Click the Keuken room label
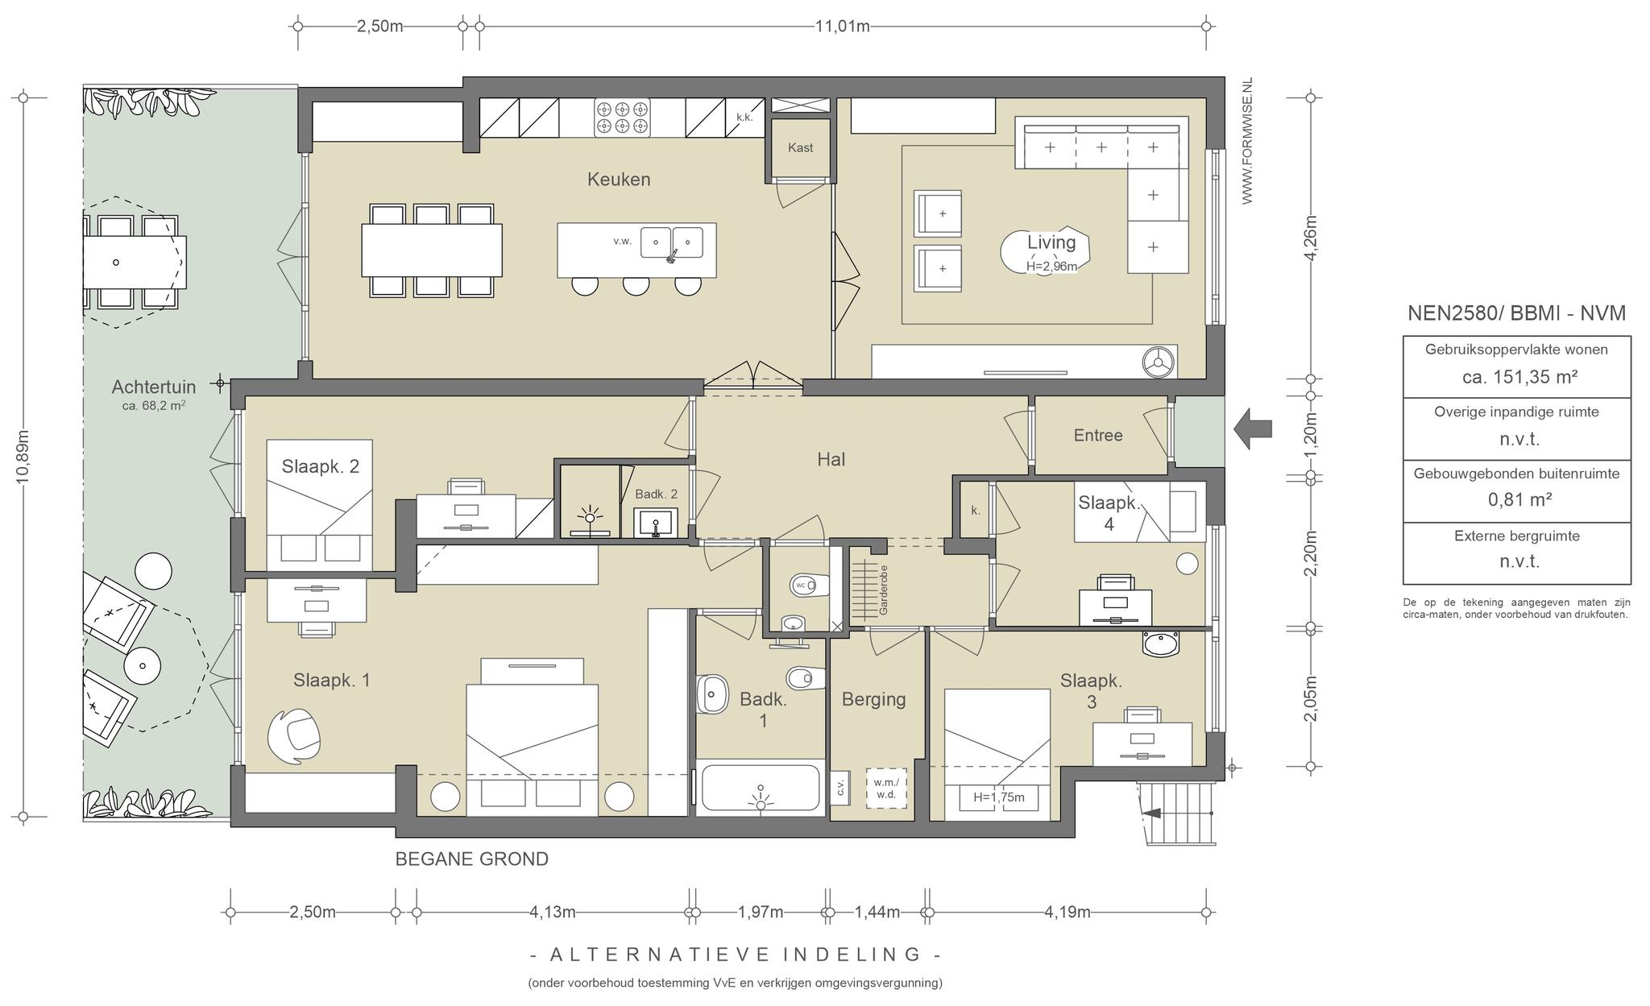coord(619,179)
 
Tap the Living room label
coord(1051,242)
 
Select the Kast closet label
coord(800,147)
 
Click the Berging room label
coord(874,699)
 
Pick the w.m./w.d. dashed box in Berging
coord(886,788)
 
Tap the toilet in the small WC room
coord(810,585)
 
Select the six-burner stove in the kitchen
coord(622,118)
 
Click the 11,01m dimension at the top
coord(843,26)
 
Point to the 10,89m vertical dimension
coord(23,457)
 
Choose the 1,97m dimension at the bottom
coord(761,912)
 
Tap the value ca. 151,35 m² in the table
coord(1519,377)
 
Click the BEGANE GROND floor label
coord(471,859)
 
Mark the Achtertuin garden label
coord(153,387)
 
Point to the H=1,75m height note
coord(999,797)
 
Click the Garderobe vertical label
coord(883,590)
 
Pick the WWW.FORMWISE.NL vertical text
coord(1247,142)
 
